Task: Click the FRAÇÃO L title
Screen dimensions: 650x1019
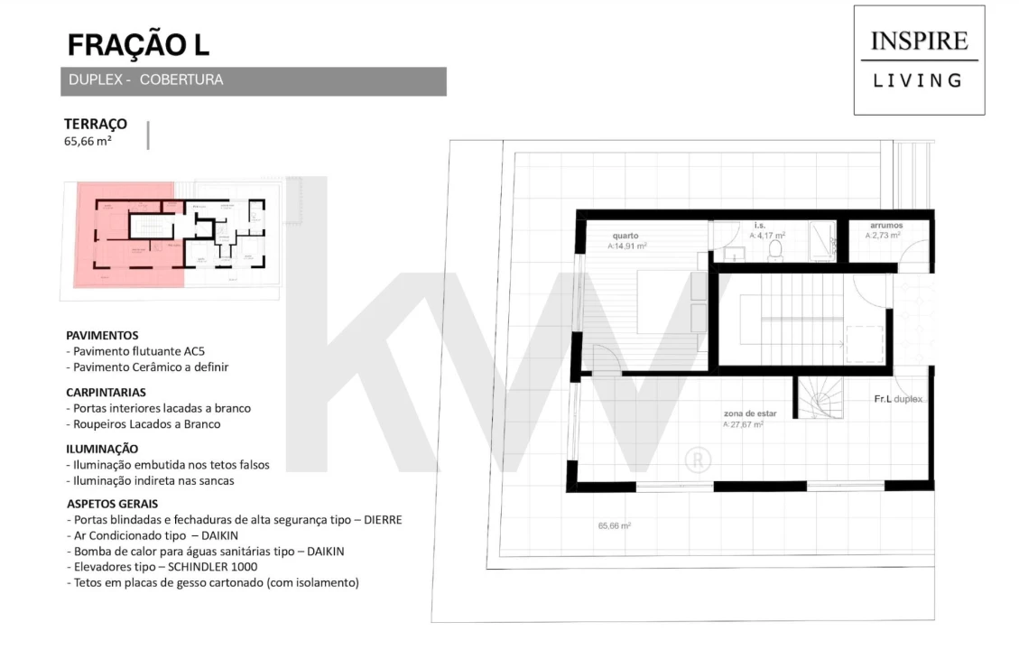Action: (139, 45)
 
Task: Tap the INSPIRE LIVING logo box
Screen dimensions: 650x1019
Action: (919, 60)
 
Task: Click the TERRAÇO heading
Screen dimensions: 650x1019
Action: (95, 124)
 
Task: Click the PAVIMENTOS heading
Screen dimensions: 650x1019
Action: (102, 335)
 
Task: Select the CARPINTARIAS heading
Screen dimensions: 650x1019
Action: (106, 392)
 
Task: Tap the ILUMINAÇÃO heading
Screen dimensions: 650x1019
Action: (102, 448)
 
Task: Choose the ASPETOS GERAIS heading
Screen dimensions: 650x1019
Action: (112, 504)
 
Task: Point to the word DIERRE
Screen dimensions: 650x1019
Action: (381, 520)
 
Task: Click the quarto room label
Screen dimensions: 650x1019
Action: (625, 236)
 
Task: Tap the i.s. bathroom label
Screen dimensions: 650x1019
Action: (761, 226)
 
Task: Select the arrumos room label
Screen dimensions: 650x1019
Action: (886, 226)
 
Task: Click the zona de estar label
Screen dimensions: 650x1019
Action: (744, 414)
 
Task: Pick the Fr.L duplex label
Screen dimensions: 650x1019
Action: (898, 399)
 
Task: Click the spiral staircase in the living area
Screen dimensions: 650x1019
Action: (819, 398)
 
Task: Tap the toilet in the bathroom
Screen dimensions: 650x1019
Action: (774, 249)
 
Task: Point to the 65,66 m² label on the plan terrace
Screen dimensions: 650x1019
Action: (614, 525)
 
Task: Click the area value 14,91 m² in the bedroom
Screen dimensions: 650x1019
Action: (627, 246)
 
